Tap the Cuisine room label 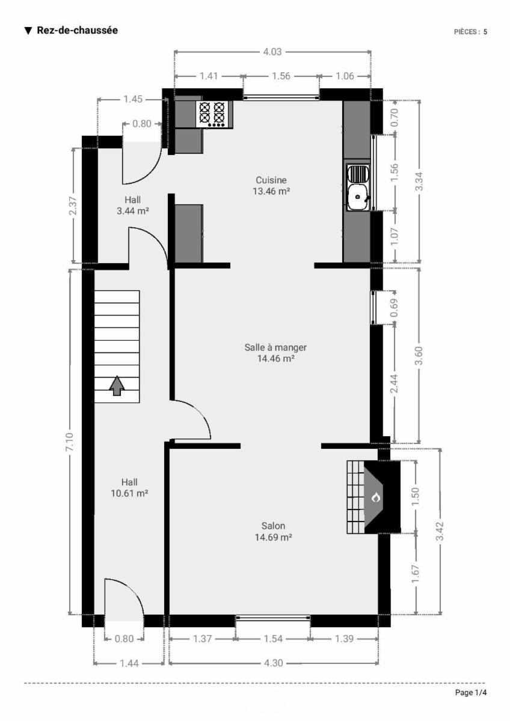pyautogui.click(x=271, y=180)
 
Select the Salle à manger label pyautogui.click(x=275, y=347)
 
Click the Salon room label pyautogui.click(x=273, y=526)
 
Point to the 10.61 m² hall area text pyautogui.click(x=129, y=493)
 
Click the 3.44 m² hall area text pyautogui.click(x=133, y=211)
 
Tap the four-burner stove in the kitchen pyautogui.click(x=214, y=115)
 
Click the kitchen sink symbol pyautogui.click(x=358, y=187)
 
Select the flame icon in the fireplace pyautogui.click(x=376, y=497)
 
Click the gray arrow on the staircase pyautogui.click(x=117, y=385)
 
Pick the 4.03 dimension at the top pyautogui.click(x=272, y=52)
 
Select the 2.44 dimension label pyautogui.click(x=395, y=383)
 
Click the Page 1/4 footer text pyautogui.click(x=471, y=692)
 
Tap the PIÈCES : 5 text pyautogui.click(x=470, y=31)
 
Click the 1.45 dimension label pyautogui.click(x=133, y=99)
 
